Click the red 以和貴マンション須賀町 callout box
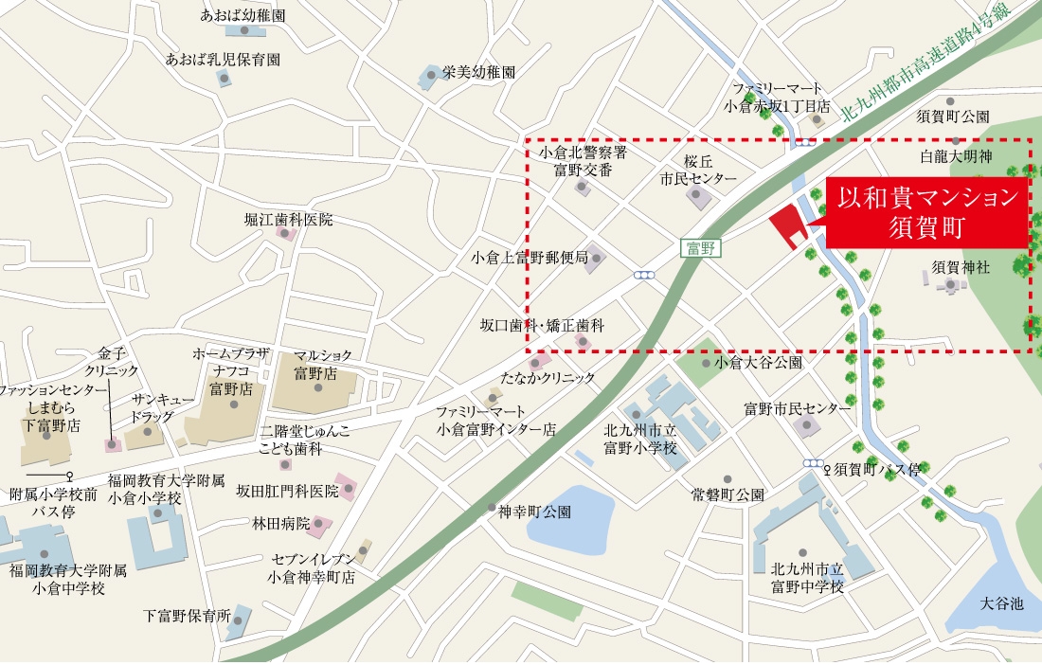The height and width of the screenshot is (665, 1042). coord(927,212)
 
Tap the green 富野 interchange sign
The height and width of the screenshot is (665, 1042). coord(701,248)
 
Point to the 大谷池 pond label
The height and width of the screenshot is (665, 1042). coord(1002,603)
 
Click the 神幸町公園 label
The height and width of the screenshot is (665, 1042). coord(535,512)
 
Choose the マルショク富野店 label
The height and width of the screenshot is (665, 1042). coord(322,364)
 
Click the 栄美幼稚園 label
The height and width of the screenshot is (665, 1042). coord(479,71)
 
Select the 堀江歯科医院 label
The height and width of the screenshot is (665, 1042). coord(289,220)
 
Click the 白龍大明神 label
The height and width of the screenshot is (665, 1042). coord(956,155)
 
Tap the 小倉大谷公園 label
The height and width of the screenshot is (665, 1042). coord(759,362)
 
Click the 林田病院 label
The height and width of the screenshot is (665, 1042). coord(281,523)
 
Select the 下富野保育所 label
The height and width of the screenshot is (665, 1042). coord(187,615)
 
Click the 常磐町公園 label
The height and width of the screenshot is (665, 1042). coord(728,494)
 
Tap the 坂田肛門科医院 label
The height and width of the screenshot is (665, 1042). coord(287,491)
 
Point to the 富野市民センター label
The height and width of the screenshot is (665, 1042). coord(798,408)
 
